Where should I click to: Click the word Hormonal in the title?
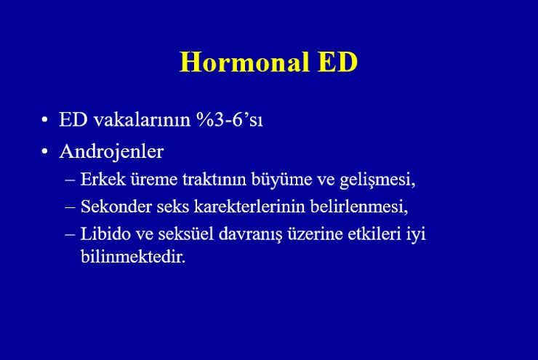(x=244, y=62)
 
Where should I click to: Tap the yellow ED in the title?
(x=337, y=62)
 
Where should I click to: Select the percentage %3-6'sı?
(x=230, y=119)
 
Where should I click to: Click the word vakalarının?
(x=142, y=120)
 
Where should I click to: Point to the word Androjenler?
(x=111, y=152)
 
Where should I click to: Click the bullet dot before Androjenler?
(x=44, y=151)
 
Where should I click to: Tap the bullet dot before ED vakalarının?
(x=44, y=120)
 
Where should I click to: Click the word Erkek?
(x=103, y=179)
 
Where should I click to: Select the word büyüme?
(x=281, y=180)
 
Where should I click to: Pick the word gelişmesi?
(x=377, y=180)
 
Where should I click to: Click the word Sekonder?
(x=116, y=207)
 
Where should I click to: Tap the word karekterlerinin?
(x=249, y=207)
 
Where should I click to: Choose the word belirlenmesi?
(x=359, y=207)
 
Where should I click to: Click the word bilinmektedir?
(x=133, y=256)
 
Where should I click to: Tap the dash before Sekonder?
(x=70, y=207)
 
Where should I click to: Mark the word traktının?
(x=214, y=179)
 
